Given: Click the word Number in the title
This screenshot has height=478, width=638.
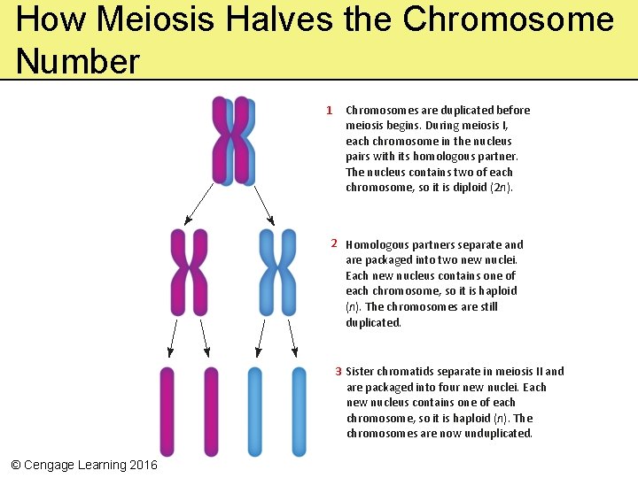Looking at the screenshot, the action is pos(78,62).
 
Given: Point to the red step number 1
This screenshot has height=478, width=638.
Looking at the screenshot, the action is pos(329,111).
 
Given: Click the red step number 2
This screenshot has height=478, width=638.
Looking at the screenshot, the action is pos(334,243).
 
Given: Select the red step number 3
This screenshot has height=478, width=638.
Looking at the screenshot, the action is pos(338,371).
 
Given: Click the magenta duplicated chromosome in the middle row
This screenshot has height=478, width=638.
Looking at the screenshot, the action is pos(189,272).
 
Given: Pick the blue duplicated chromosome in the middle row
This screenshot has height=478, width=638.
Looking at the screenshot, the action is pos(278,272).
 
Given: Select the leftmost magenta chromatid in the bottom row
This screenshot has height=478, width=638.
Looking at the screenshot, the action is pos(167,412).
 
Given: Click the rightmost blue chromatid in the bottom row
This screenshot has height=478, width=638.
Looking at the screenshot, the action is pos(299,412).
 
